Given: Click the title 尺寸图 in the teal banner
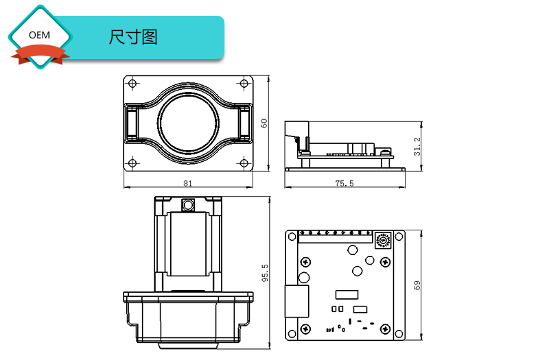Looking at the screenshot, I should pos(133,37).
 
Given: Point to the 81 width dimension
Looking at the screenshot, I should pos(188,184).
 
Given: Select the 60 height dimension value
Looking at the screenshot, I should pos(264,123).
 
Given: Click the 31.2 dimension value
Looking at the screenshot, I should pos(417,145).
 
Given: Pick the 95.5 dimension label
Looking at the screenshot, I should pos(266,273).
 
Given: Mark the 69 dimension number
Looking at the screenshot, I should pos(417,285).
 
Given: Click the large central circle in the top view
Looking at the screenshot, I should pos(188,123).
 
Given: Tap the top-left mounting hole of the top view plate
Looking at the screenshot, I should pos(132,83).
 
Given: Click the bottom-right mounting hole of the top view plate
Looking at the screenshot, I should pos(244,163).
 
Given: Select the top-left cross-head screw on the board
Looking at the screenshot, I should pos(303,261).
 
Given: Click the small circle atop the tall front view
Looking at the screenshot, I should pos(187,204).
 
